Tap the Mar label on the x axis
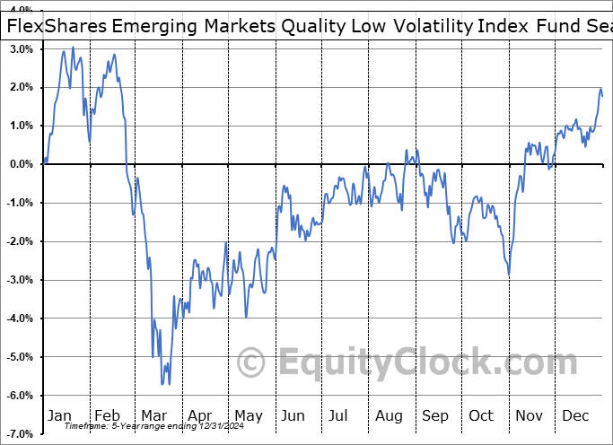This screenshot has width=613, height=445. [153, 415]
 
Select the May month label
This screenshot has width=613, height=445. [248, 415]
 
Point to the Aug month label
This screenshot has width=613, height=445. [390, 415]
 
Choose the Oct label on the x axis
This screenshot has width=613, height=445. [482, 415]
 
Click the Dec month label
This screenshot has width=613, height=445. [576, 415]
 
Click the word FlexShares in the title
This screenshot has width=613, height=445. [57, 26]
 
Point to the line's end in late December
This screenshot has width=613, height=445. [603, 96]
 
